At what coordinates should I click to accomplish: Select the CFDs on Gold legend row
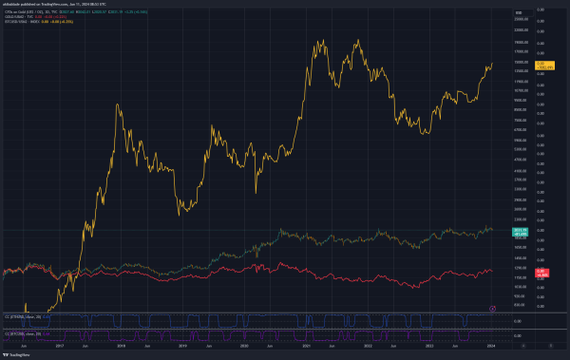57,12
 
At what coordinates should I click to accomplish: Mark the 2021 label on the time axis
304,348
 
